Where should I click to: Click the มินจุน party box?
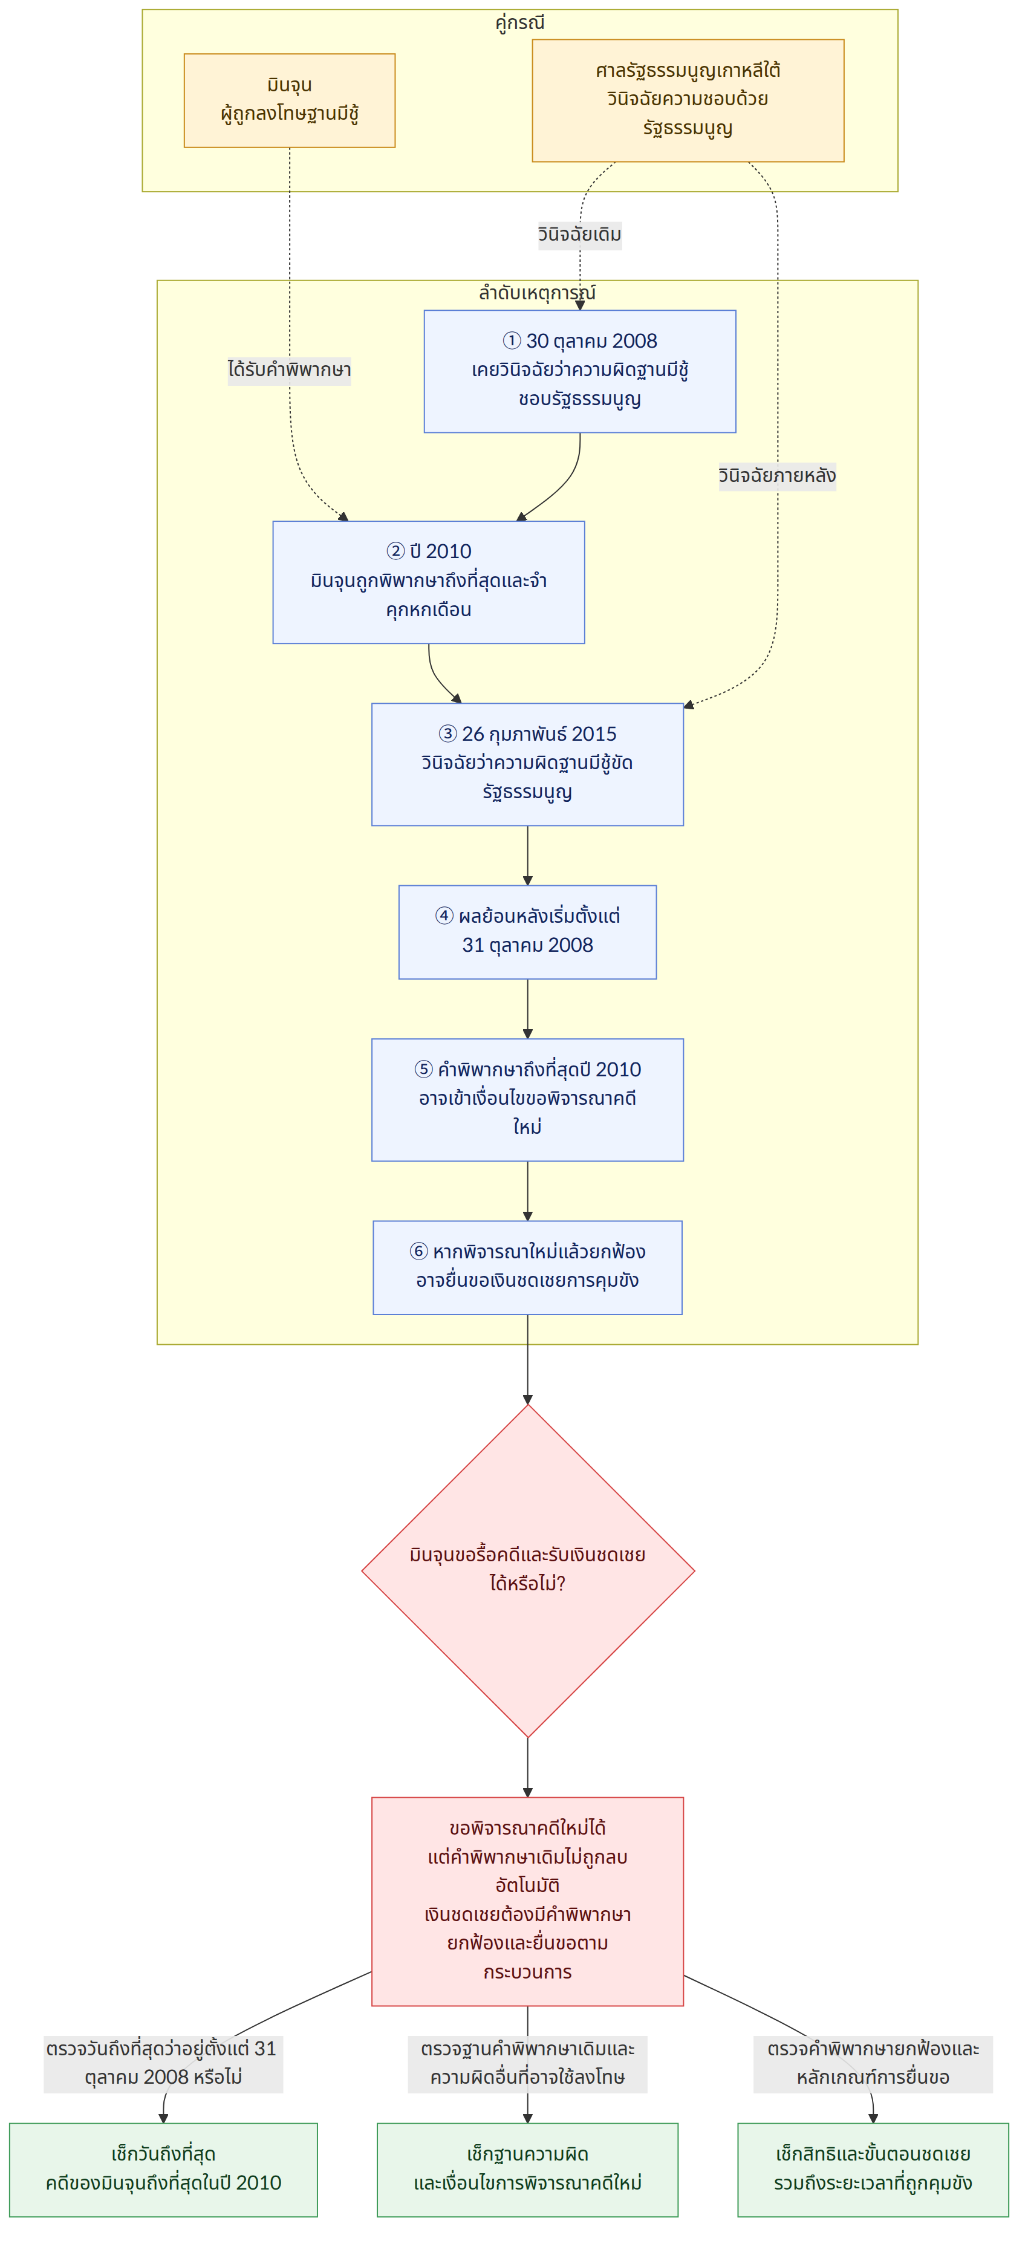point(289,100)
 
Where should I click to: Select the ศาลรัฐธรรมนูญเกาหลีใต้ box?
point(688,100)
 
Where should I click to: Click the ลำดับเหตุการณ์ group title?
point(537,293)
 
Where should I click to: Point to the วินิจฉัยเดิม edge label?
point(579,235)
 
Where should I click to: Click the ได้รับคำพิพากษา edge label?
point(289,370)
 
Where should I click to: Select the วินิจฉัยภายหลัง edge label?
point(776,475)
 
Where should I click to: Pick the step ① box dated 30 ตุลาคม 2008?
point(579,371)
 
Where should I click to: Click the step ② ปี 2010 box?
point(429,582)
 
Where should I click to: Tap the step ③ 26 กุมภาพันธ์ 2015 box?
point(527,764)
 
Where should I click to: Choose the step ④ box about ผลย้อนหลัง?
point(527,932)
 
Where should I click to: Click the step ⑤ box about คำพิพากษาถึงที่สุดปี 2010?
point(527,1099)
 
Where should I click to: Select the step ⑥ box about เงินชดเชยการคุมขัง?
point(527,1267)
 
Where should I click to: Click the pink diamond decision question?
point(527,1570)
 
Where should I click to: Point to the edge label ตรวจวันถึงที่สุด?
point(163,2063)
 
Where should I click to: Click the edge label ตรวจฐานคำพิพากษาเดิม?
point(527,2063)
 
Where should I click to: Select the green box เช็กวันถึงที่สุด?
point(163,2170)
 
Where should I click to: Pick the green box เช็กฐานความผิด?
point(527,2170)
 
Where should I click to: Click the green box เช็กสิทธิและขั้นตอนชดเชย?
point(873,2170)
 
